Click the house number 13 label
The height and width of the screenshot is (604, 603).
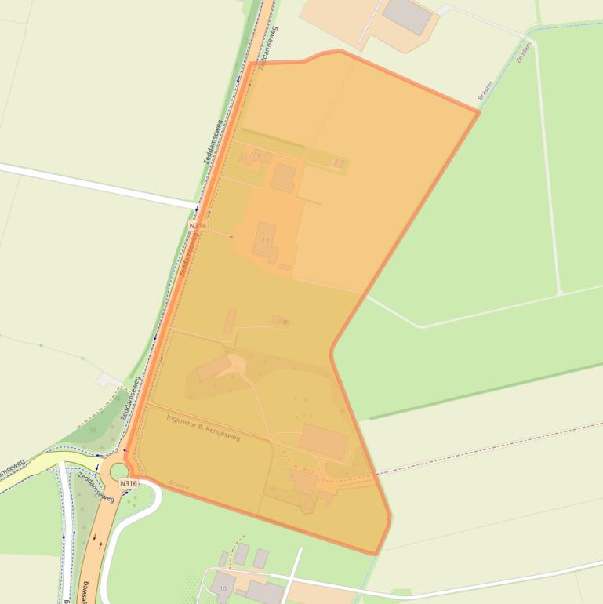pyautogui.click(x=266, y=239)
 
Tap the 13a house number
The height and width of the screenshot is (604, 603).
pyautogui.click(x=255, y=155)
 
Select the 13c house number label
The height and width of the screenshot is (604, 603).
pyautogui.click(x=338, y=162)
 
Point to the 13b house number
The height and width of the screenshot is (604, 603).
pyautogui.click(x=284, y=322)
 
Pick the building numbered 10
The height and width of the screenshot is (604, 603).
pyautogui.click(x=223, y=586)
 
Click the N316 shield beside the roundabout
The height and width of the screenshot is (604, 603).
pyautogui.click(x=129, y=484)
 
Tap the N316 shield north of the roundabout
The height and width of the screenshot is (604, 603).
pyautogui.click(x=197, y=226)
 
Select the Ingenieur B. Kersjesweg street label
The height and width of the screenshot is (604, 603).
pyautogui.click(x=204, y=427)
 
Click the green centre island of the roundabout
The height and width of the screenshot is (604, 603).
pyautogui.click(x=118, y=471)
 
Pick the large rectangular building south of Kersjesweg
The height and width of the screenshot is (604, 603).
pyautogui.click(x=322, y=441)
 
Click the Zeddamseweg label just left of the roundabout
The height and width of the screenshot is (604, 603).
pyautogui.click(x=95, y=486)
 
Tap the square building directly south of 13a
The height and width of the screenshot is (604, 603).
pyautogui.click(x=283, y=178)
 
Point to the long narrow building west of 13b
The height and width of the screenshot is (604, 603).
pyautogui.click(x=230, y=320)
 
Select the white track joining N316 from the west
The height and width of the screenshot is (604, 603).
pyautogui.click(x=94, y=186)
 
